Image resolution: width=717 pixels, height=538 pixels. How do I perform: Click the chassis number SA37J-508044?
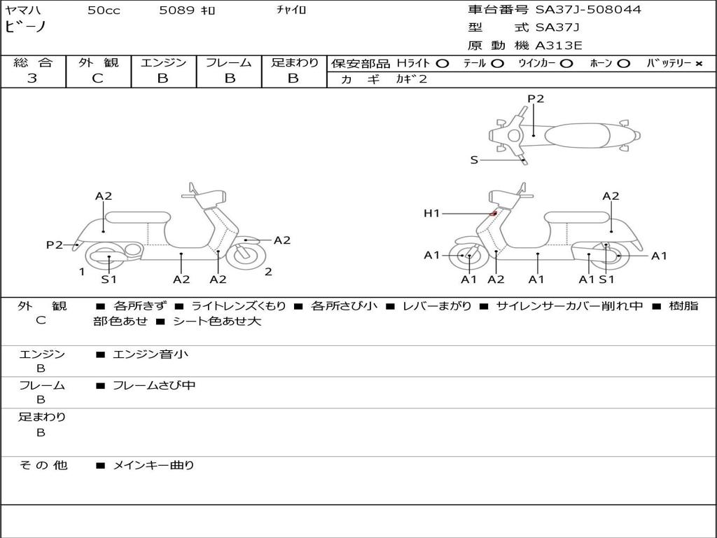click(588, 10)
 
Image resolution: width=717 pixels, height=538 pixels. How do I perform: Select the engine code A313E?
click(558, 46)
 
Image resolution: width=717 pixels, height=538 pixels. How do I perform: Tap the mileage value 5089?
click(176, 11)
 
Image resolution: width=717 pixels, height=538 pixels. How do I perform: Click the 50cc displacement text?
click(104, 11)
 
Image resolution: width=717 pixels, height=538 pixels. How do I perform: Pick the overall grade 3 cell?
click(32, 78)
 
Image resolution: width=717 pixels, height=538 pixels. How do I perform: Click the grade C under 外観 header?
click(98, 78)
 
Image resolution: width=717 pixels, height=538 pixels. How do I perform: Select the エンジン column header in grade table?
click(163, 63)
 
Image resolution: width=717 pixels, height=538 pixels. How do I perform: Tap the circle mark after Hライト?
click(442, 64)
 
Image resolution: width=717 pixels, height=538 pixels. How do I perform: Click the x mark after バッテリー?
click(698, 64)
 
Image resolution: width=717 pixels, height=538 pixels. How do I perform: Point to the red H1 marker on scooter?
click(494, 213)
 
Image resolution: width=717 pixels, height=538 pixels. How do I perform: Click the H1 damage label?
click(431, 214)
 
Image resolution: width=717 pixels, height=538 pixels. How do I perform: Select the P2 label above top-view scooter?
click(536, 99)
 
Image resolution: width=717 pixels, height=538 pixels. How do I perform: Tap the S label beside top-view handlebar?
click(474, 160)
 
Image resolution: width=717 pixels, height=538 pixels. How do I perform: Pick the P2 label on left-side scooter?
click(55, 244)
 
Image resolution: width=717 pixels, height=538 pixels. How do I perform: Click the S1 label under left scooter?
click(109, 280)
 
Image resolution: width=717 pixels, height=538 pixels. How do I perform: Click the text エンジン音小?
click(150, 354)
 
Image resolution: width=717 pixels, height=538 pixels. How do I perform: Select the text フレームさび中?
click(154, 385)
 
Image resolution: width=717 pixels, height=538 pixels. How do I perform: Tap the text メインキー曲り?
click(153, 465)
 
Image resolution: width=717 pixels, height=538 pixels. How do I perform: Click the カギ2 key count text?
click(412, 79)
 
